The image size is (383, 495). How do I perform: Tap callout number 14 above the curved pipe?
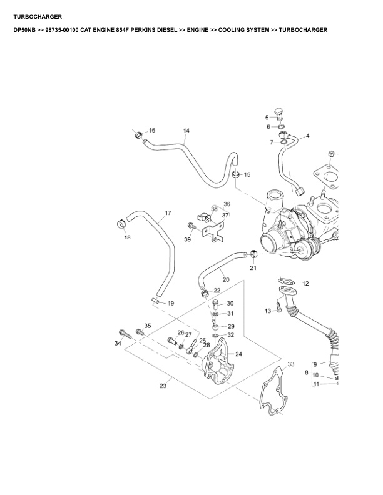(186, 131)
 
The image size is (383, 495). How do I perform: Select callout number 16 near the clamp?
(151, 131)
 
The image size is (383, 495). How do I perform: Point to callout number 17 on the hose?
(168, 214)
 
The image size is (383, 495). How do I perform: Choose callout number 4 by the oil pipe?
(307, 136)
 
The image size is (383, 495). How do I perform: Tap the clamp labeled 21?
(253, 254)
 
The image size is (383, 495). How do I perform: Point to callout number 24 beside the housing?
(238, 354)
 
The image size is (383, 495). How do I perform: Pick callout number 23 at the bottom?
(163, 386)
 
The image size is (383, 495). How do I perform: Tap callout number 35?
(148, 326)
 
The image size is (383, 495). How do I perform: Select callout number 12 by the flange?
(305, 284)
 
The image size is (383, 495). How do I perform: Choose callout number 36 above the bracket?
(227, 204)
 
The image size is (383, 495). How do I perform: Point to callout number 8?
(306, 372)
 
